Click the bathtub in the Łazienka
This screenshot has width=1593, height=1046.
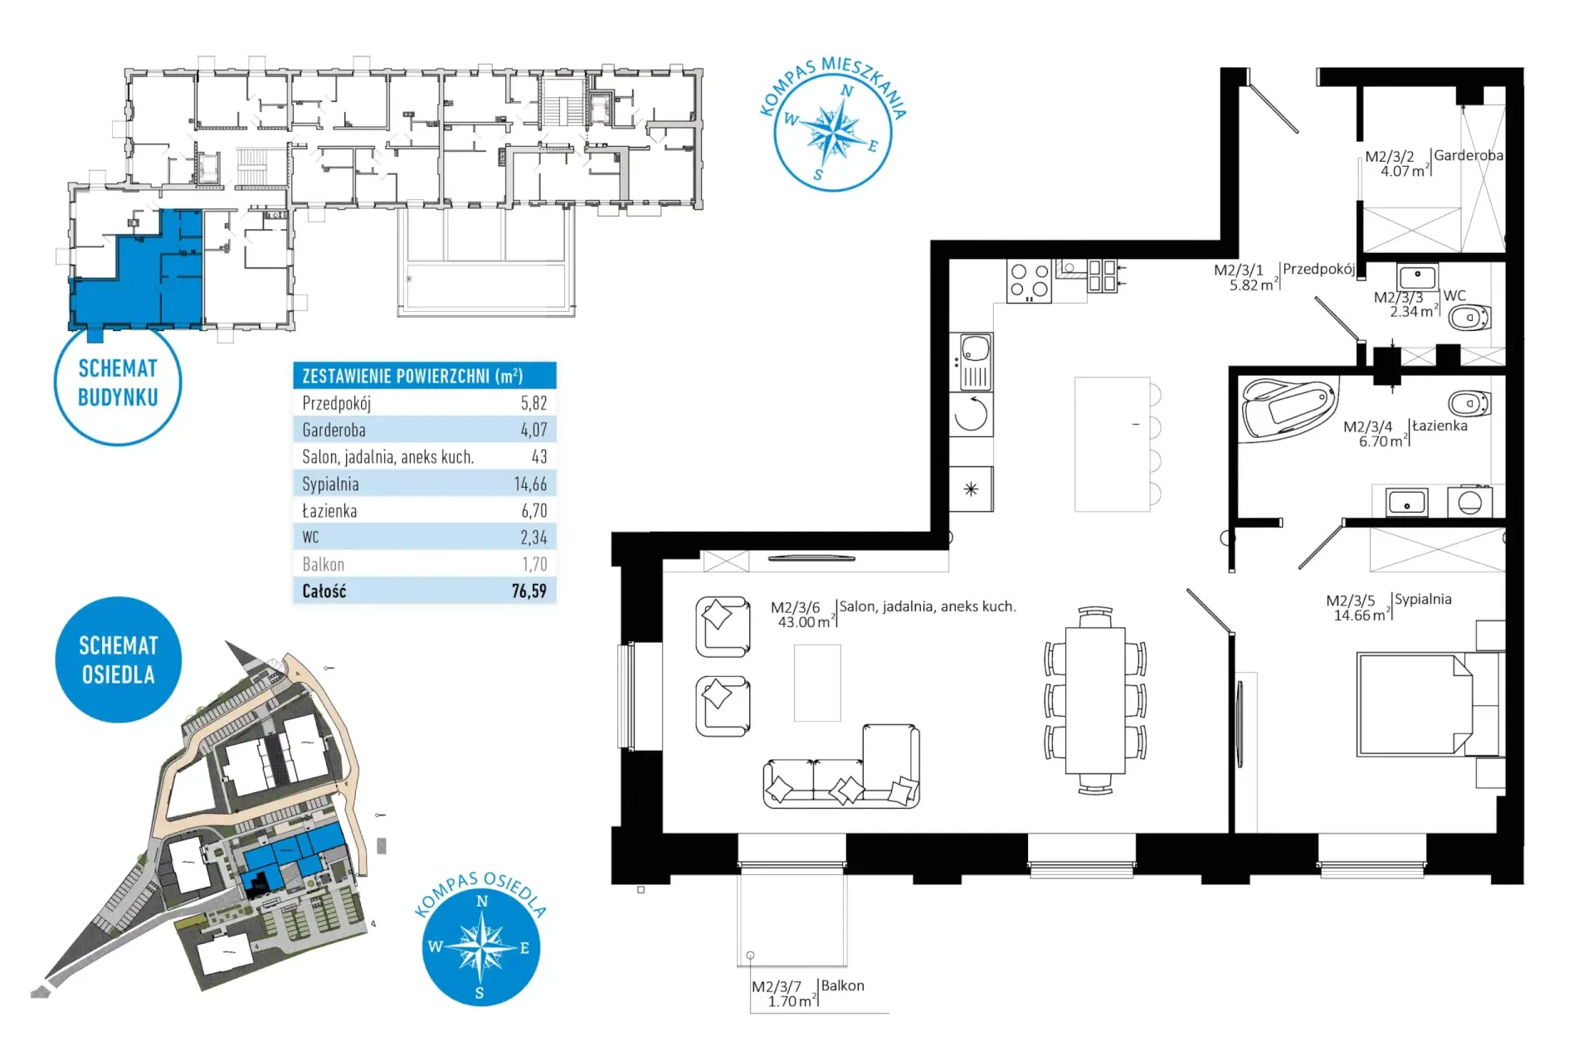(x=1289, y=407)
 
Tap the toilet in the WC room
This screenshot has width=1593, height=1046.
(x=1469, y=316)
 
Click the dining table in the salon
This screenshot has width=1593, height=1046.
(x=1095, y=700)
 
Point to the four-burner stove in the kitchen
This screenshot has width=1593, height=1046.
(x=1029, y=281)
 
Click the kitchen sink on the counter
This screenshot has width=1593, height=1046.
(x=975, y=362)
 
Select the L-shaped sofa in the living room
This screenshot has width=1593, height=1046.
(x=841, y=766)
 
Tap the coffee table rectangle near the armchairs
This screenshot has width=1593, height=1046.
(x=817, y=683)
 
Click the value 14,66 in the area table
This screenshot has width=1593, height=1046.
(x=530, y=484)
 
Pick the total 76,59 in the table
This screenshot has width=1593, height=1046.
(x=529, y=591)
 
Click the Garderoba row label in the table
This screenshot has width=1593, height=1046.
(x=334, y=430)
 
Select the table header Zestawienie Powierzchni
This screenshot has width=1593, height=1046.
(x=412, y=376)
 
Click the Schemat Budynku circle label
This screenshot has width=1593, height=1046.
(x=118, y=382)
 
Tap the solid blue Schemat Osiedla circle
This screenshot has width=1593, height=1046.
(x=119, y=659)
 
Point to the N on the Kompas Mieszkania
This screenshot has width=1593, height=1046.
(x=847, y=90)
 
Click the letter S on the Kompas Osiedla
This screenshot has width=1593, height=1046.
(x=480, y=992)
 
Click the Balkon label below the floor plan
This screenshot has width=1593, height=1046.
(x=843, y=985)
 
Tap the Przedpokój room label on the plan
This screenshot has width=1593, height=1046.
(x=1318, y=269)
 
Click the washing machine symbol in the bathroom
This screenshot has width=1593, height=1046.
(x=1469, y=502)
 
